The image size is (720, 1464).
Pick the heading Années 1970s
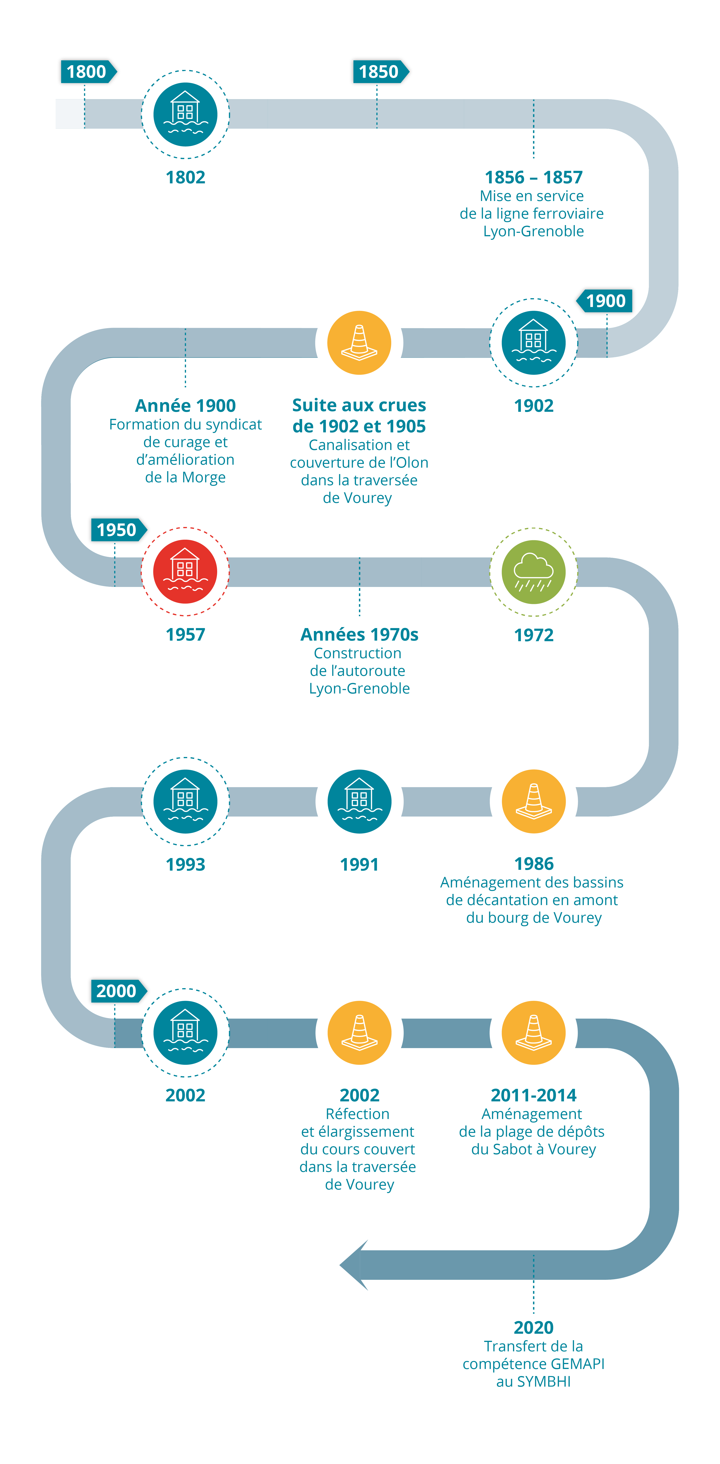tap(359, 634)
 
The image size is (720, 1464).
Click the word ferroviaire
tap(566, 214)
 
